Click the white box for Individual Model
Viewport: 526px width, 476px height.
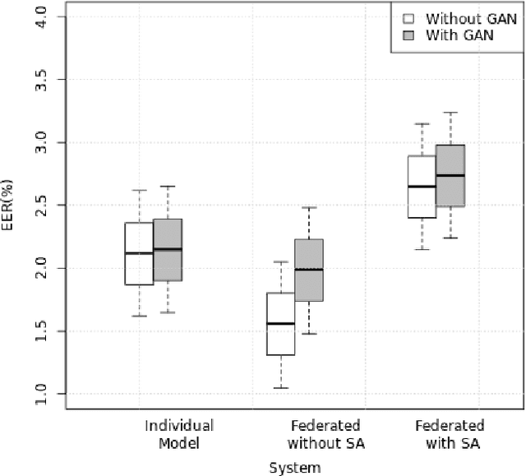click(139, 253)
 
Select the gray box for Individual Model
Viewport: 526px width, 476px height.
click(167, 250)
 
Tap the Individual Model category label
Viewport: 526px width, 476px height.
click(178, 435)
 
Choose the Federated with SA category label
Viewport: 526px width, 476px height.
click(449, 435)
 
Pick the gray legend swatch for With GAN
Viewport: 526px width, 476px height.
click(407, 35)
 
